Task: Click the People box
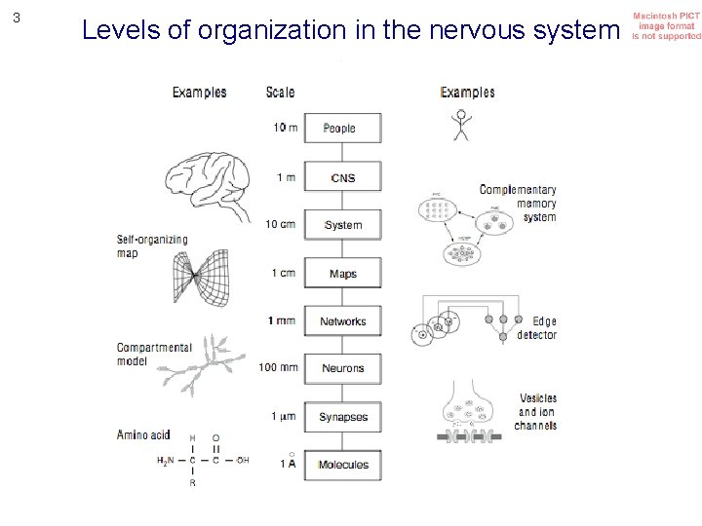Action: pos(342,129)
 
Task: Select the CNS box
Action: pos(342,177)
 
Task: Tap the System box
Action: pos(342,225)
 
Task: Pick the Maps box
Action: pos(342,274)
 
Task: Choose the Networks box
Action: pos(342,321)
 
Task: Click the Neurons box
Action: pos(342,368)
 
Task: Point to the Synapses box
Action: pos(342,417)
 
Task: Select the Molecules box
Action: pos(342,465)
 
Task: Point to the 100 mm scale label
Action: pos(279,368)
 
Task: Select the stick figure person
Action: pos(459,125)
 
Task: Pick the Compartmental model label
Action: pos(146,354)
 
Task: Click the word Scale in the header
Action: pos(280,93)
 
